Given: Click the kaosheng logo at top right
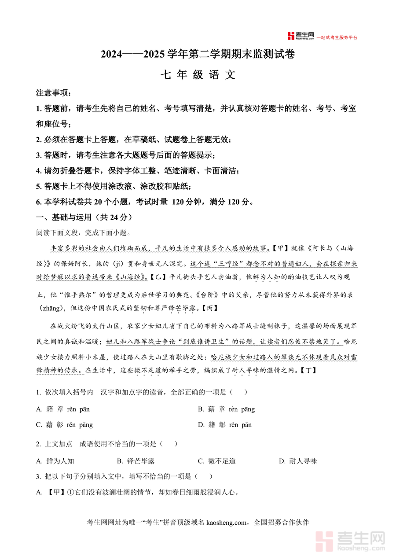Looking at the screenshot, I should (x=301, y=36).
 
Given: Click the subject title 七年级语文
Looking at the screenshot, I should (x=198, y=75).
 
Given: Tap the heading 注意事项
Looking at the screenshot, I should (x=53, y=93).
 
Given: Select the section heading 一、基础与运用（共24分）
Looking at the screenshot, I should (x=84, y=217).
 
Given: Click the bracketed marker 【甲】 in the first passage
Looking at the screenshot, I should (x=279, y=248).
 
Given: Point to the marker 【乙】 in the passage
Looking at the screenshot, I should (x=156, y=277).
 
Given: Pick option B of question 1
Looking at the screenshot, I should (x=226, y=409).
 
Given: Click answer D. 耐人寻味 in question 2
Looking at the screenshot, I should (x=298, y=461).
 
